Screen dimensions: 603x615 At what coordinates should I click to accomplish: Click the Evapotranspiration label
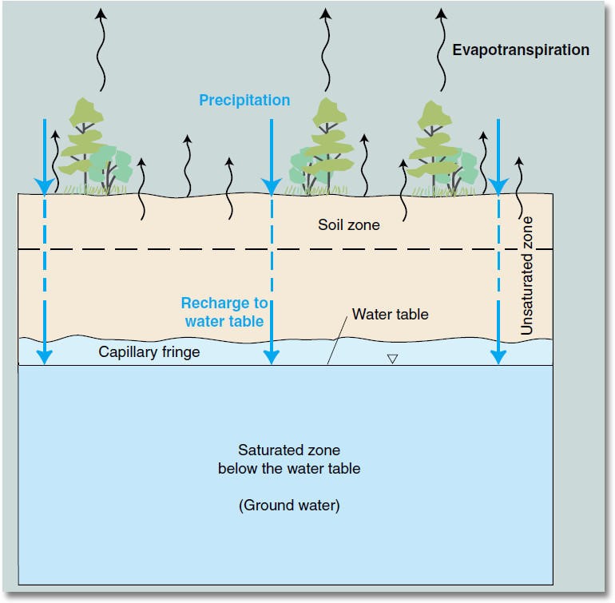click(521, 50)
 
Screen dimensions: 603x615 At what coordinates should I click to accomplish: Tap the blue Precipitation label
click(244, 100)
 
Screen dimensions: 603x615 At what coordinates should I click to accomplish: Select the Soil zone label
click(348, 225)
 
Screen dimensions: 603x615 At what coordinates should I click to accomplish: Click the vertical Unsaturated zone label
click(526, 275)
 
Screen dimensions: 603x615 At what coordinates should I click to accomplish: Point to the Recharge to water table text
click(224, 312)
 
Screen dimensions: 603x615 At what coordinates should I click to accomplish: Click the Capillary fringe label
click(149, 351)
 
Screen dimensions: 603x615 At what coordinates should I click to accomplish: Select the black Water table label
click(391, 314)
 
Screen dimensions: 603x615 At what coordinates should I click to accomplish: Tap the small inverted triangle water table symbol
click(392, 359)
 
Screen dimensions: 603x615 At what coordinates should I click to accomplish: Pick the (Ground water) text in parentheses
click(288, 506)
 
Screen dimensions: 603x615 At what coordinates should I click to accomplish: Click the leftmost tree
click(87, 148)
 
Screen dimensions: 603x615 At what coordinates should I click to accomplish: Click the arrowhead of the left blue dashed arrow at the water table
click(45, 357)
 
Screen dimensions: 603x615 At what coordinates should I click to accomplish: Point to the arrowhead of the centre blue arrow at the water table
click(272, 357)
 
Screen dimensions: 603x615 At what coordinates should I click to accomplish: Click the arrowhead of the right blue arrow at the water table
click(498, 357)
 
